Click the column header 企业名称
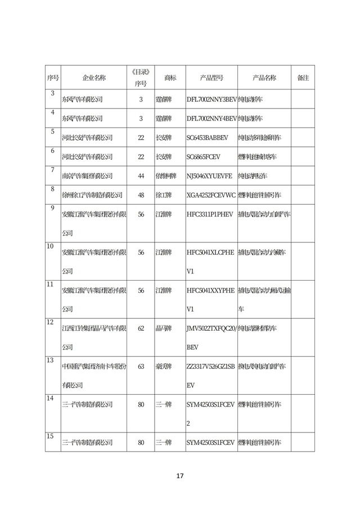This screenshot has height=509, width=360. click(94, 78)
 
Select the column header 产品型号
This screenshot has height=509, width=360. click(211, 78)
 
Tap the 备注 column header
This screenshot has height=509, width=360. click(303, 78)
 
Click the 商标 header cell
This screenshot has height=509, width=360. click(170, 78)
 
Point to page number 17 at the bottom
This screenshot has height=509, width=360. click(180, 476)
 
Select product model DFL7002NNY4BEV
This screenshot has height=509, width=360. click(211, 118)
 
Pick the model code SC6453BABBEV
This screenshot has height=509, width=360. click(207, 137)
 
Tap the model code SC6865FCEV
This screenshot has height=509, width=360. click(205, 156)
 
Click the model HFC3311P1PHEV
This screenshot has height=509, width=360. click(209, 214)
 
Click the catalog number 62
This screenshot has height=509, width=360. click(141, 328)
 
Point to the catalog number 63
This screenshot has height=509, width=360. click(141, 366)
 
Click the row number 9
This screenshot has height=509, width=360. click(52, 208)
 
